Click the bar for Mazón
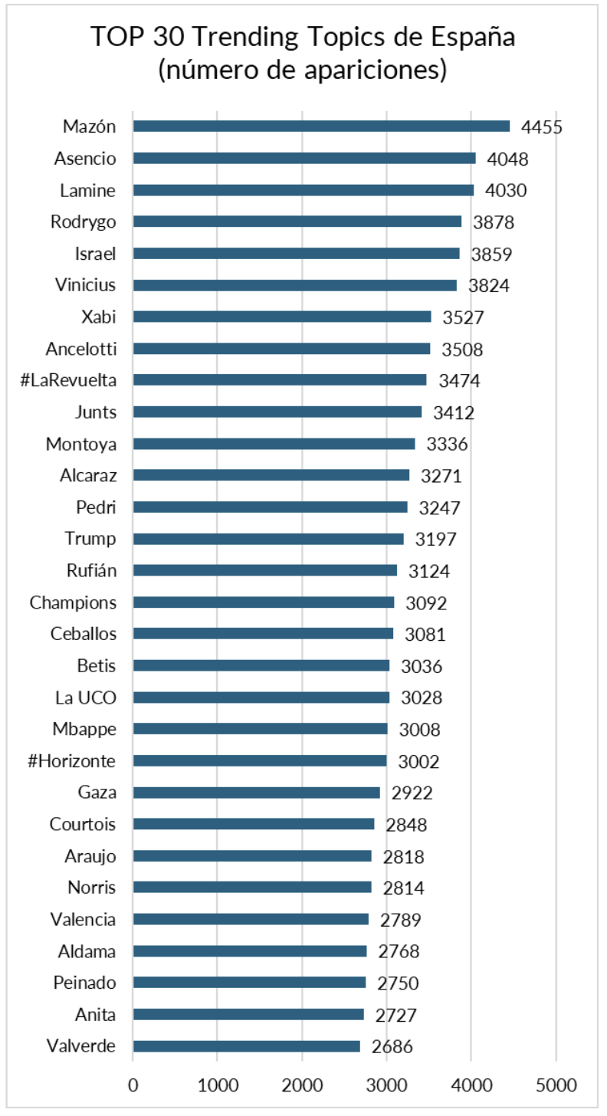point(321,126)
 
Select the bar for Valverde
point(246,1046)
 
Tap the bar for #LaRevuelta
point(279,380)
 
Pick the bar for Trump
point(268,539)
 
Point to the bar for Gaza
point(256,793)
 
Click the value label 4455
point(542,127)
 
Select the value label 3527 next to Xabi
point(464,317)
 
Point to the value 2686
point(392,1047)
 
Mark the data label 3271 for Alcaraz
point(441,476)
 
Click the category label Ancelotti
point(81,349)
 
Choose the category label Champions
point(74,602)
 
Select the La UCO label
point(86,697)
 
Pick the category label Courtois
point(83,825)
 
